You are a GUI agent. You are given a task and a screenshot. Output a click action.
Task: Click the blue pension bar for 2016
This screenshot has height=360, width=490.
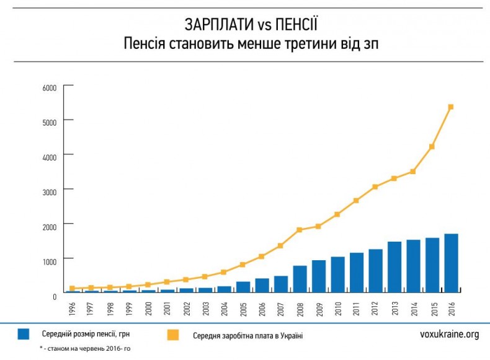click(x=451, y=263)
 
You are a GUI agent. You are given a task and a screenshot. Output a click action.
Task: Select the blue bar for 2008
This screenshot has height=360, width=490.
click(x=300, y=279)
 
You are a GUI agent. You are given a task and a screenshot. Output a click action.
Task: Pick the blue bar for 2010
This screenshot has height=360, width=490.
click(x=337, y=274)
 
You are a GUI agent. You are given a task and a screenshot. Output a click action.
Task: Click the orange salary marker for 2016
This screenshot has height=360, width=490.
click(x=451, y=107)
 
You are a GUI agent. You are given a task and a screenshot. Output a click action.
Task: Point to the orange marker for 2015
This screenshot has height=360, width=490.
click(x=432, y=146)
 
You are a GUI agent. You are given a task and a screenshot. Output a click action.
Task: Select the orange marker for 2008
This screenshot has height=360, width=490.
click(x=300, y=230)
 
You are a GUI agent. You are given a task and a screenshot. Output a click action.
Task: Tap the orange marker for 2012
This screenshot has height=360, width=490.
click(x=375, y=187)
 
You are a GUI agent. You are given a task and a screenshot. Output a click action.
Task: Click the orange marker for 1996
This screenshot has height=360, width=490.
click(x=73, y=288)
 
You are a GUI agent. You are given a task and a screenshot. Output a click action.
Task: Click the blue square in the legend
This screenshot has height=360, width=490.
click(x=24, y=335)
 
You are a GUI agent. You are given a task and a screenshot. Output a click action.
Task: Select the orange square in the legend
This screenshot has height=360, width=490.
click(x=172, y=335)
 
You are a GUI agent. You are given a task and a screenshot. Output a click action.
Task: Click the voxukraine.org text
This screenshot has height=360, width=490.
click(x=449, y=335)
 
